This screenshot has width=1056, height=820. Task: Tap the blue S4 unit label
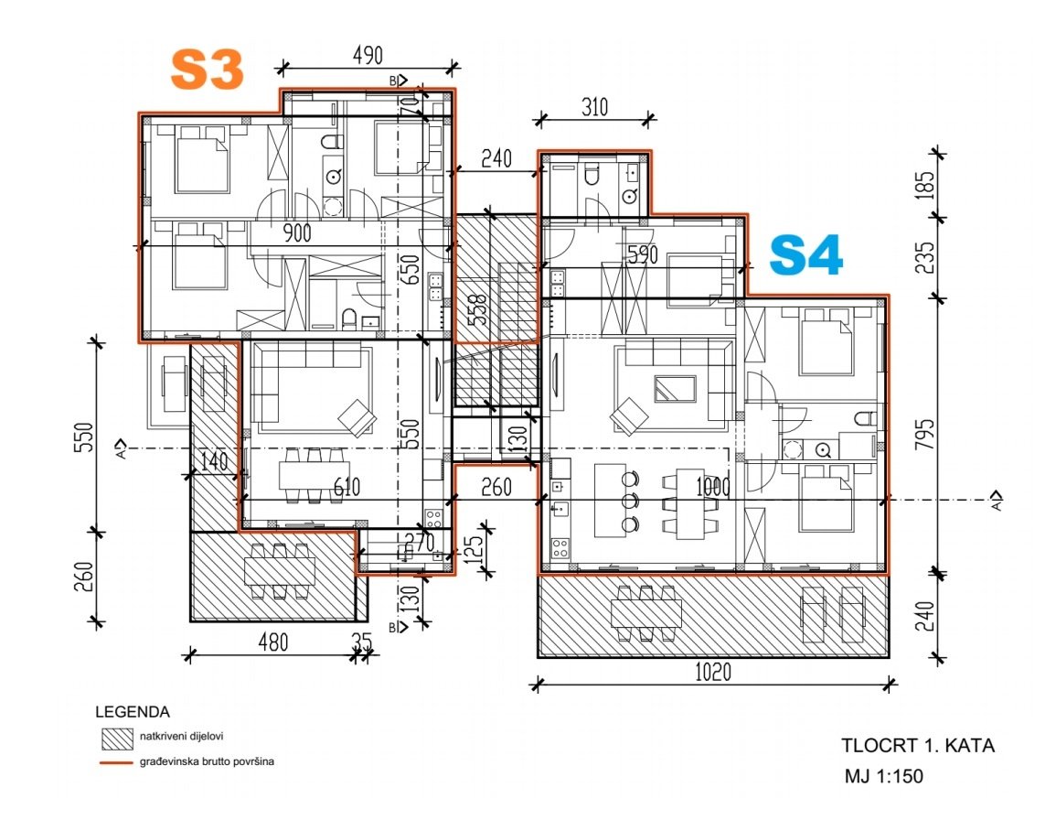805,255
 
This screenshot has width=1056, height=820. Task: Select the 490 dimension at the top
368,56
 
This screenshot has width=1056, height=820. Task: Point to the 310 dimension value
593,107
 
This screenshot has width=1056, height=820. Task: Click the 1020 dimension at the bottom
712,673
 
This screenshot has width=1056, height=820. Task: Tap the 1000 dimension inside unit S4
712,487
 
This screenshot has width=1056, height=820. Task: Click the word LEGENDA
133,711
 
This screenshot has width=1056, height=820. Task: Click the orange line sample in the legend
117,761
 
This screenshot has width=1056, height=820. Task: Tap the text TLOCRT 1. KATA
918,745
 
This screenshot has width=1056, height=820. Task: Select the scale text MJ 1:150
884,777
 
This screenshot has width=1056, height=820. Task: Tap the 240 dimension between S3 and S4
496,158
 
